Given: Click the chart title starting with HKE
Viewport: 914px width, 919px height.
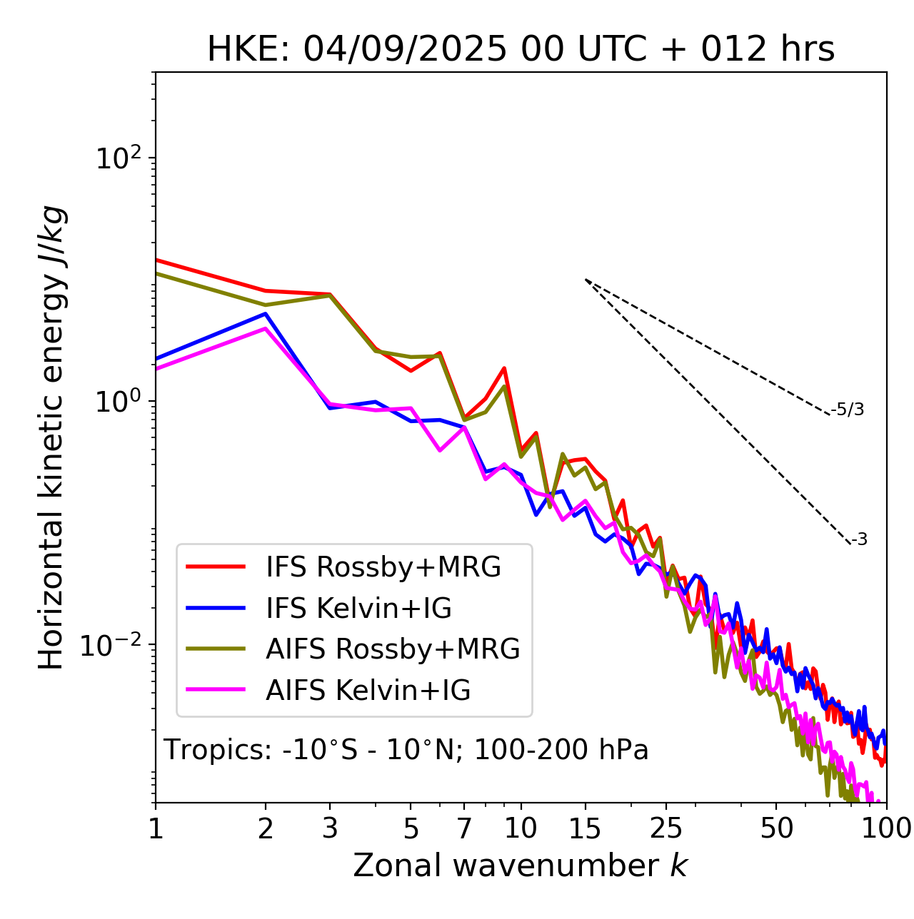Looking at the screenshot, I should coord(521,50).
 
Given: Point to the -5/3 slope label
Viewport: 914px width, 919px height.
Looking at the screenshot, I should coord(848,410).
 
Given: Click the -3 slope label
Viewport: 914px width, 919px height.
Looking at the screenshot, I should coord(860,540).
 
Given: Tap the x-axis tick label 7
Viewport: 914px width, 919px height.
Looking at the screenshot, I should coord(464,828).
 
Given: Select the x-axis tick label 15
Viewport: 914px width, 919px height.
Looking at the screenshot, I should coord(585,828).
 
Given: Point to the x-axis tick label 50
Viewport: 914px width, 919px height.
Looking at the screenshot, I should coord(776,828).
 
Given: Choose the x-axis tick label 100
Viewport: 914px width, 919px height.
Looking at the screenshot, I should coord(886,828).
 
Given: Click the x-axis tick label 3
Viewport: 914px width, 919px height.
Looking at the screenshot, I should coord(330,828).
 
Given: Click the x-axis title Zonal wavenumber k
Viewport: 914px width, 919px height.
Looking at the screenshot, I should coord(521,866).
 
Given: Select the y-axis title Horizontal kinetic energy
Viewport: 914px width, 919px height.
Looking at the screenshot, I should coord(51,437).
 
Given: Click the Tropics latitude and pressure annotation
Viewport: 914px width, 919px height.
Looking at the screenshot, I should coord(406,750).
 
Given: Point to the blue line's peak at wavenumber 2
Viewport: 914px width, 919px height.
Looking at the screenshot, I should coord(266,314).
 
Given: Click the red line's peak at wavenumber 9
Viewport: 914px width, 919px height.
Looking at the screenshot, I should coord(504,368).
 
